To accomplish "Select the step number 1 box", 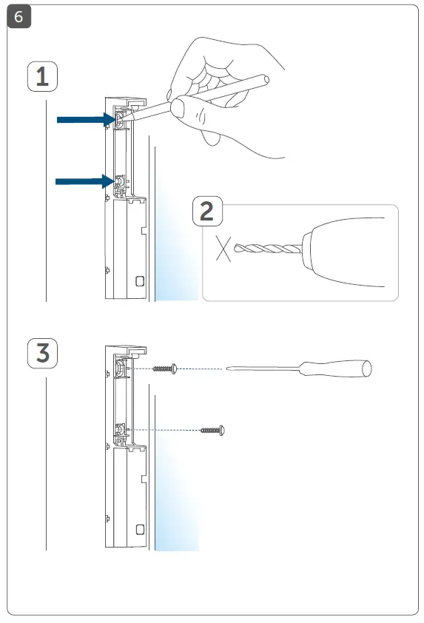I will click(43, 77).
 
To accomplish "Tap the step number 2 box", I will click(208, 212).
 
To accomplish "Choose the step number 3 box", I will click(43, 353).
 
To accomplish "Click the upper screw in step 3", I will click(164, 368).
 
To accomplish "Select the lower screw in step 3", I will click(212, 429).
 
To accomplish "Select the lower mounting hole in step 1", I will click(118, 181).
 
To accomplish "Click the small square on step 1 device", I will click(140, 281).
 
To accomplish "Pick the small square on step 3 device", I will click(140, 529).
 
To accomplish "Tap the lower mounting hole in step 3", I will click(118, 429).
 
